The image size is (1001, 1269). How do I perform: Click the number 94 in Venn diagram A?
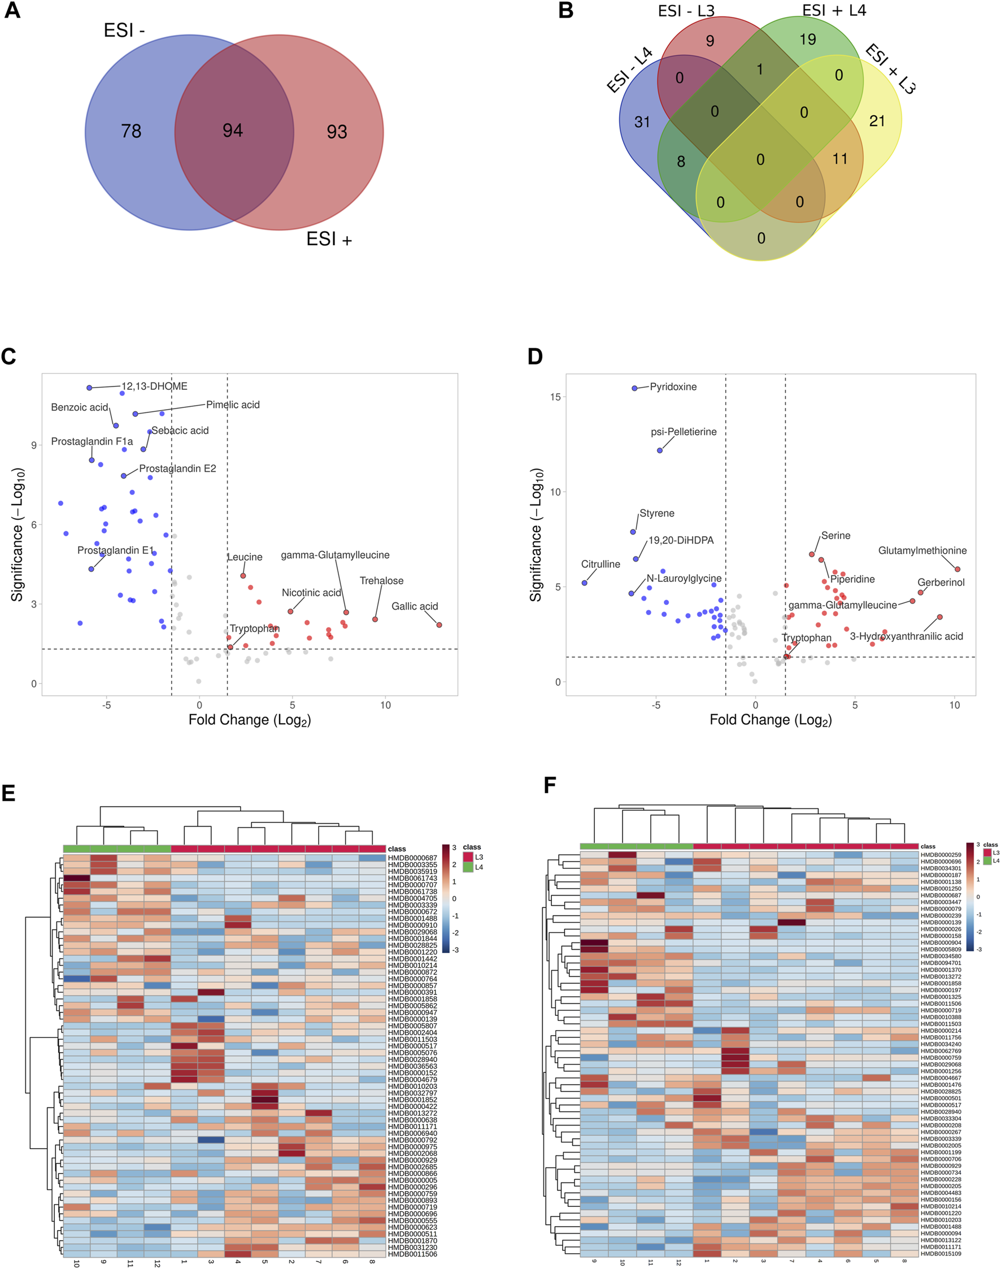point(233,130)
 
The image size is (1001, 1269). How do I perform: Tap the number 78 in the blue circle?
point(131,131)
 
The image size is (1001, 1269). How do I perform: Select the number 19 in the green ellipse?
point(808,40)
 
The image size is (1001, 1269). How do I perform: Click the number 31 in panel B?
point(642,122)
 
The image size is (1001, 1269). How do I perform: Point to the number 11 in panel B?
point(840,159)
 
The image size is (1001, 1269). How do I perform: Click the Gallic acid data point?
point(439,625)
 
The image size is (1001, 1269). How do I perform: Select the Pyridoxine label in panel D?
point(673,387)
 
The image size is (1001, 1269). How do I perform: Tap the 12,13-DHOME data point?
point(89,388)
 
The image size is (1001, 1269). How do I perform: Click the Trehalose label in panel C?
point(381,580)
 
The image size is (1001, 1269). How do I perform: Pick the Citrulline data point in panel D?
point(584,583)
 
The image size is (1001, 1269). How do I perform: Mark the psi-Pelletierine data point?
point(660,450)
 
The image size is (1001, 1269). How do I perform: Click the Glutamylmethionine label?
point(922,550)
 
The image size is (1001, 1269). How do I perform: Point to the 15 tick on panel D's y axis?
point(555,397)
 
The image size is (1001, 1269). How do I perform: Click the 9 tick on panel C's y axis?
point(34,445)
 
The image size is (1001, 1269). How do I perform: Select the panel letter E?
point(8,794)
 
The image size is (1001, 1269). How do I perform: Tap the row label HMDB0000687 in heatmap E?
point(412,858)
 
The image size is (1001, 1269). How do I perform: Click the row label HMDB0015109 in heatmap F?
point(941,1254)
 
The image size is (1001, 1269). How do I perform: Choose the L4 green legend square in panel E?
point(468,867)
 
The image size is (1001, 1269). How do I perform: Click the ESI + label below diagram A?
point(329,239)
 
